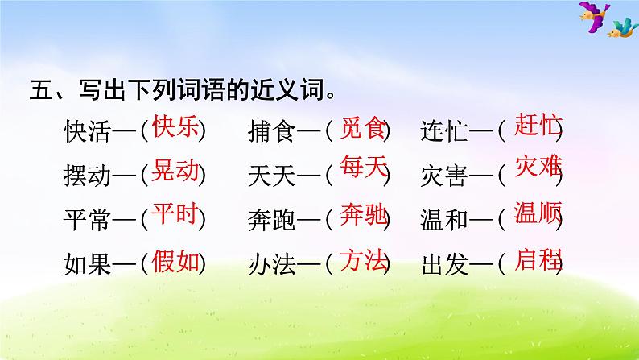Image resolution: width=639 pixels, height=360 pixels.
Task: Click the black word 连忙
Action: (446, 130)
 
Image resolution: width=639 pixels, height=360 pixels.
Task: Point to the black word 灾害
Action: (446, 174)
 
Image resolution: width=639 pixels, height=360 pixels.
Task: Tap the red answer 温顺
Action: (537, 213)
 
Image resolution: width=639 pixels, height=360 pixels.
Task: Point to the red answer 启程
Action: (537, 259)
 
